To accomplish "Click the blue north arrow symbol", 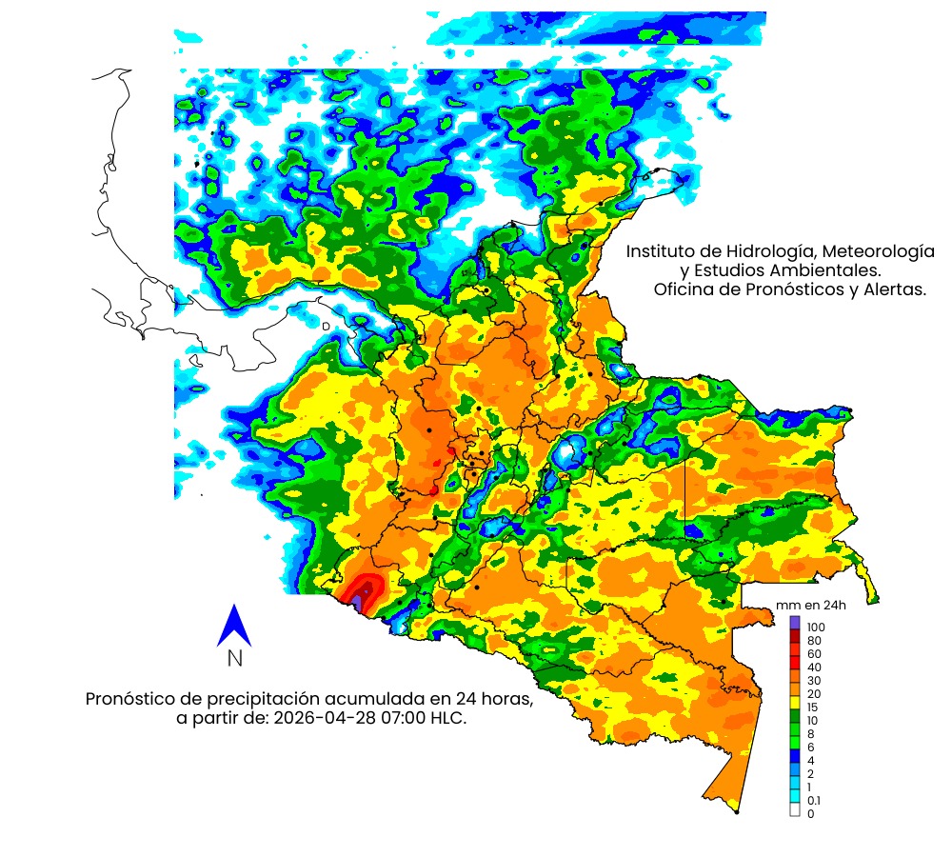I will point(233,626).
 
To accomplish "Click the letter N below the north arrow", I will point(234,658).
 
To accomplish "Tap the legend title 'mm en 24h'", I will point(811,606).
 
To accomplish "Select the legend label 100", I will point(816,628).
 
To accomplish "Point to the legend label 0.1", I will point(814,801).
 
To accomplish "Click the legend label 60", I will point(814,654).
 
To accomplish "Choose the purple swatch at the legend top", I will point(795,622).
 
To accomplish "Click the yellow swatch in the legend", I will point(795,702).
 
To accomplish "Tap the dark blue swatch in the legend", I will point(795,755).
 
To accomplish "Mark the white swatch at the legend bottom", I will point(795,809).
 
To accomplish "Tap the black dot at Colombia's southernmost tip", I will point(737,812).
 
